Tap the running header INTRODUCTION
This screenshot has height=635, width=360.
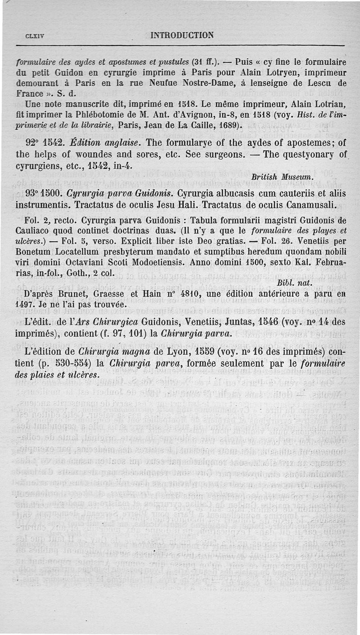[182, 35]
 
